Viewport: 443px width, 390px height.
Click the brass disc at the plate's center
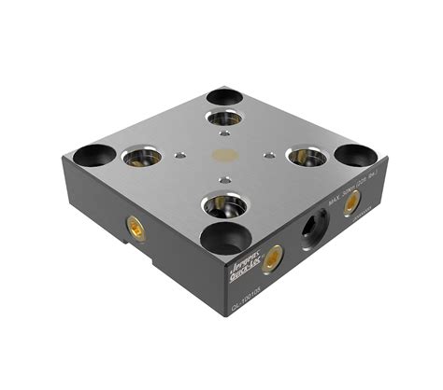click(224, 157)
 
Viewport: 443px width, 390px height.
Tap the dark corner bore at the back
click(223, 95)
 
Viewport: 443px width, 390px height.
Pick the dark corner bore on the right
click(357, 155)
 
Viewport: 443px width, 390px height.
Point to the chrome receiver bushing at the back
click(224, 118)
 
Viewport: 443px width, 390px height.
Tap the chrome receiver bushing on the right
click(306, 157)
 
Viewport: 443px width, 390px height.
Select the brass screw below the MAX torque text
click(351, 204)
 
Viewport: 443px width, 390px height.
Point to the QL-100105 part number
click(245, 304)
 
